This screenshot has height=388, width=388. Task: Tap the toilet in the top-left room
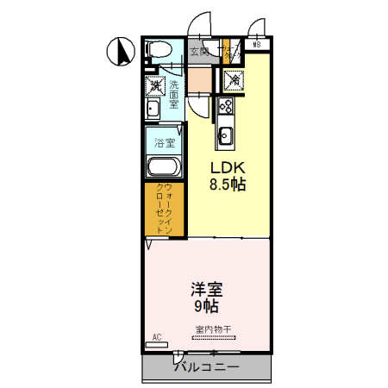coord(158,51)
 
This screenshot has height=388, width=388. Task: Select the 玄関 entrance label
coord(199,52)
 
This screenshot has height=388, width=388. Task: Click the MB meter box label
coord(256,45)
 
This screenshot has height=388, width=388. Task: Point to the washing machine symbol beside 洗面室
coord(154,85)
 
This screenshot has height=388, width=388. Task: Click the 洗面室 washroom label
coord(174,92)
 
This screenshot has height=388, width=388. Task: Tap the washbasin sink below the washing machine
coord(153,110)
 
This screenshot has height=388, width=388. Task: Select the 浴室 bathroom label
coord(164,141)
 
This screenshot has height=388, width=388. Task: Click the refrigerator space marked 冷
coord(233,80)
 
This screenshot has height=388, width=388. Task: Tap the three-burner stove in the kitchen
coord(227,106)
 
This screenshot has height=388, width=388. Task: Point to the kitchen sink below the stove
coord(226,135)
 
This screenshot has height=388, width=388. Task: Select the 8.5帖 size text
coord(226,184)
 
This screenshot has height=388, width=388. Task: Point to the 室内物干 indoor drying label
coord(212,329)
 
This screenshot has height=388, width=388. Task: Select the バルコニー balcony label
coord(207,366)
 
